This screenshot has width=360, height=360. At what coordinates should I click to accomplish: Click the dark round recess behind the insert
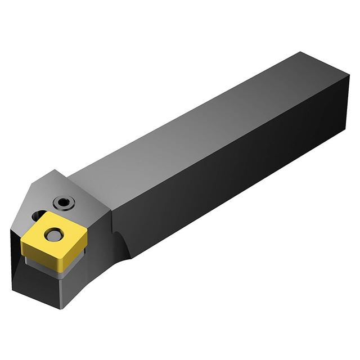click(38, 215)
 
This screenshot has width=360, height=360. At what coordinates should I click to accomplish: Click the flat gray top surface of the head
click(84, 191)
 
